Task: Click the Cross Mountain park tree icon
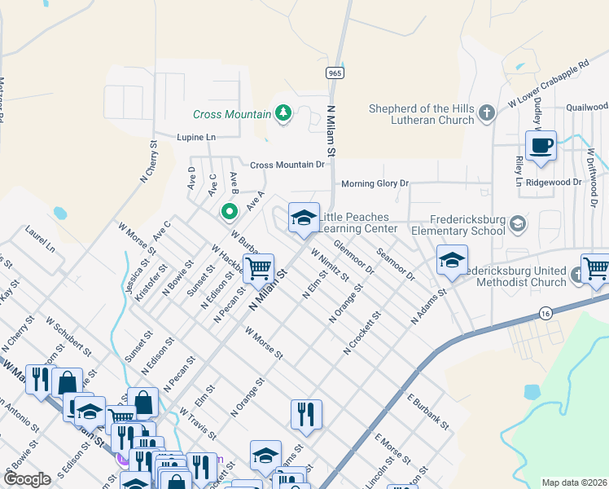283,112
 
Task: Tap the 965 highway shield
334,73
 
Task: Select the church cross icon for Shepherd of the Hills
487,113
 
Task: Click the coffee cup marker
541,146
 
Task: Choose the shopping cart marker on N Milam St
258,267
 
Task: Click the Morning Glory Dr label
375,183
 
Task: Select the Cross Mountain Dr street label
287,165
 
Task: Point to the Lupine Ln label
196,138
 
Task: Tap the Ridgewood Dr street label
554,183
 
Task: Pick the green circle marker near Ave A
230,212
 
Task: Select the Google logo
28,479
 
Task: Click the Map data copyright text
575,482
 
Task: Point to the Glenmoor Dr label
354,256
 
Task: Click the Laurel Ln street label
40,237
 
